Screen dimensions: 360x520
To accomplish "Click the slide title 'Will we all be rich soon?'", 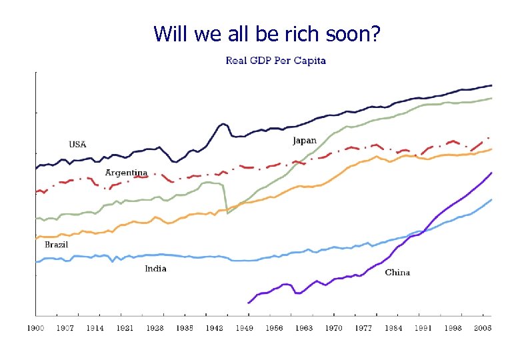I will [267, 33].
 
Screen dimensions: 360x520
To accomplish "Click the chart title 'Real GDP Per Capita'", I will [275, 61].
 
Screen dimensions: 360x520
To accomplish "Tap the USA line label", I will [78, 144].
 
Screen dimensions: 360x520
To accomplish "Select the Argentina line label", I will [126, 173].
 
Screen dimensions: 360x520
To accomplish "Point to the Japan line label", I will [305, 141].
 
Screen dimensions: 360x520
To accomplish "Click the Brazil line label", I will [56, 245].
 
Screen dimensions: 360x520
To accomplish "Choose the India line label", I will [155, 269].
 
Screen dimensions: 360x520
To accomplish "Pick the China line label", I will [397, 272].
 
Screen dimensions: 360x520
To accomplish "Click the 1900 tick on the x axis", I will [35, 328].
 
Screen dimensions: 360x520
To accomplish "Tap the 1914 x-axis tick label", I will [95, 328].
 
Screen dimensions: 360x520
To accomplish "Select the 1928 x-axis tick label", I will [155, 328].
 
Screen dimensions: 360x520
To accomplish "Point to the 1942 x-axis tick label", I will [214, 328].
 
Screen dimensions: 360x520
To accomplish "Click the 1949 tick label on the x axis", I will [244, 328].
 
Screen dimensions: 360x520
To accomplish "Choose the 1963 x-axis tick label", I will [303, 328].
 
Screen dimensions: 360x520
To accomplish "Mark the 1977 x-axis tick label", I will [363, 328].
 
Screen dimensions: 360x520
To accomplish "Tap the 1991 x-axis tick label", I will [423, 328].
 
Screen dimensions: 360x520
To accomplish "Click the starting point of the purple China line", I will [248, 303].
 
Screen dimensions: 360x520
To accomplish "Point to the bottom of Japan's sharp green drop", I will [227, 213].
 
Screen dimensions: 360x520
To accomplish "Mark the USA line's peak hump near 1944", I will [223, 124].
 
